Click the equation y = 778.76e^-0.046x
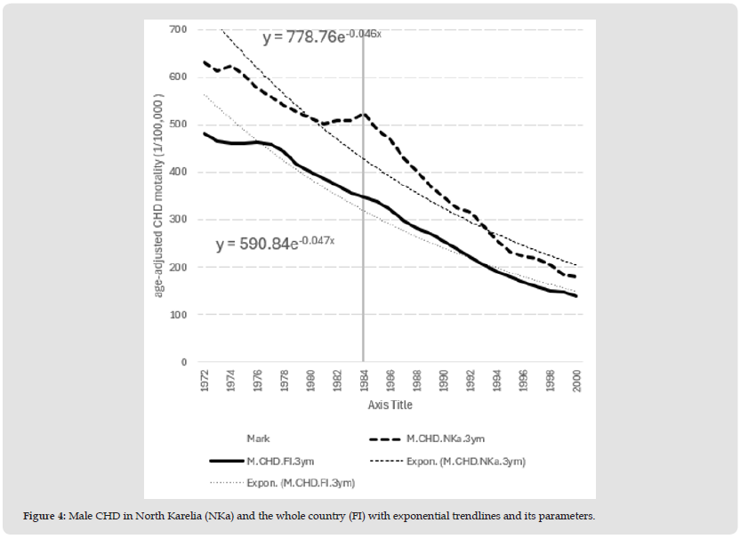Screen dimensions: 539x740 (322, 37)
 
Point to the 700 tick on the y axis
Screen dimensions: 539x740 (178, 29)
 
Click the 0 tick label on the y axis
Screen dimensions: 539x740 (183, 362)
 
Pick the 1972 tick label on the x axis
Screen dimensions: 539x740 (205, 382)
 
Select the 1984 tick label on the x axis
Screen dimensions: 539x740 (363, 382)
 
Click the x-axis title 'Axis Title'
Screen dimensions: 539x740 (390, 406)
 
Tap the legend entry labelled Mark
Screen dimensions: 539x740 (258, 438)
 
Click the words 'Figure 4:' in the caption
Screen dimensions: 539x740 (46, 517)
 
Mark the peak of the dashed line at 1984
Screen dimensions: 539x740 (363, 114)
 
